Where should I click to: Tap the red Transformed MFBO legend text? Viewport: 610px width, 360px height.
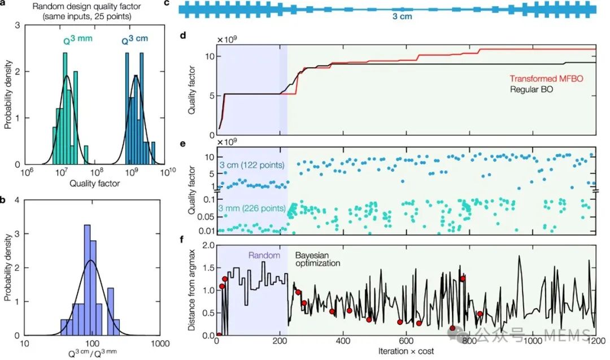pos(546,79)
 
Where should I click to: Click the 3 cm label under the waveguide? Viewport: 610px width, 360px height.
pos(402,17)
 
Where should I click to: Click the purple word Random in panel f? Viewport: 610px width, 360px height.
pos(264,255)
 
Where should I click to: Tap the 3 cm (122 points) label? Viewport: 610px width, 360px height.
pos(251,164)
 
